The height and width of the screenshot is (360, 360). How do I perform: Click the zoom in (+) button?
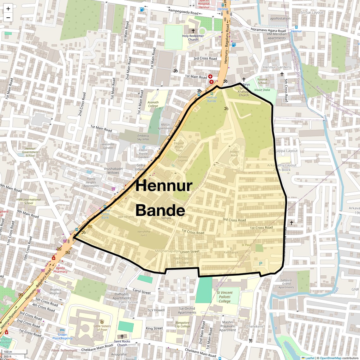pos(8,9)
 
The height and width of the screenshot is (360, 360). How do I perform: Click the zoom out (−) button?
pos(8,18)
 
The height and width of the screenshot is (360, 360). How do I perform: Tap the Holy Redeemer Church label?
pos(193,38)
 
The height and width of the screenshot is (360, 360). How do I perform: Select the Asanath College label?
pos(153,104)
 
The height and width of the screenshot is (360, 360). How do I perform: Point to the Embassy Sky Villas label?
pos(143,137)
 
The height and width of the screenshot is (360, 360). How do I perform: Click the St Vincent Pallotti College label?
pos(225,297)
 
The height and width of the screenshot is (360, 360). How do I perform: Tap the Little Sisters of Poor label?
pos(102,328)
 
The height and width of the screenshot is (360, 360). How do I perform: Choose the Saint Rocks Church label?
pos(122,343)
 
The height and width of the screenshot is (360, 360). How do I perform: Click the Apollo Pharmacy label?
pos(60,270)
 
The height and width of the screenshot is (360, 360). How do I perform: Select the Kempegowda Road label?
pos(183,12)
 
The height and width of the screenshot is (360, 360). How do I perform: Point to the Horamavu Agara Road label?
pos(268,30)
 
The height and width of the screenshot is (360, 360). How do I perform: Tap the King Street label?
pos(154,328)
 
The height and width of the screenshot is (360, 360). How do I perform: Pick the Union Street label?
pos(190,252)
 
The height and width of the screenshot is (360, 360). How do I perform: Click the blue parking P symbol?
pos(261,264)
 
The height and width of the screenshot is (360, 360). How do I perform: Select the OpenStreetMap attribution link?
pos(331,358)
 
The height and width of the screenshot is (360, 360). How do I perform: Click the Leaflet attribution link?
pos(309,358)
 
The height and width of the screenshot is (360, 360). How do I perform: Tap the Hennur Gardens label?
pos(277,67)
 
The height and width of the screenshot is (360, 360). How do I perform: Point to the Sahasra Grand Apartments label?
pos(286,284)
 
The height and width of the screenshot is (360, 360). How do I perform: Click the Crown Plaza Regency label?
pos(63,336)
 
